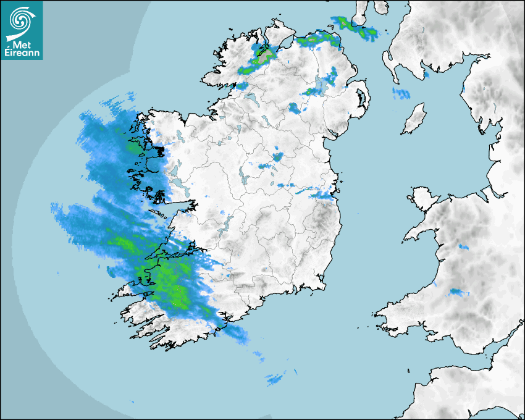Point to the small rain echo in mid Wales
pos(462,247)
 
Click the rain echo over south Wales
pos(458,292)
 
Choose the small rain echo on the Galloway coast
pos(426,75)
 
